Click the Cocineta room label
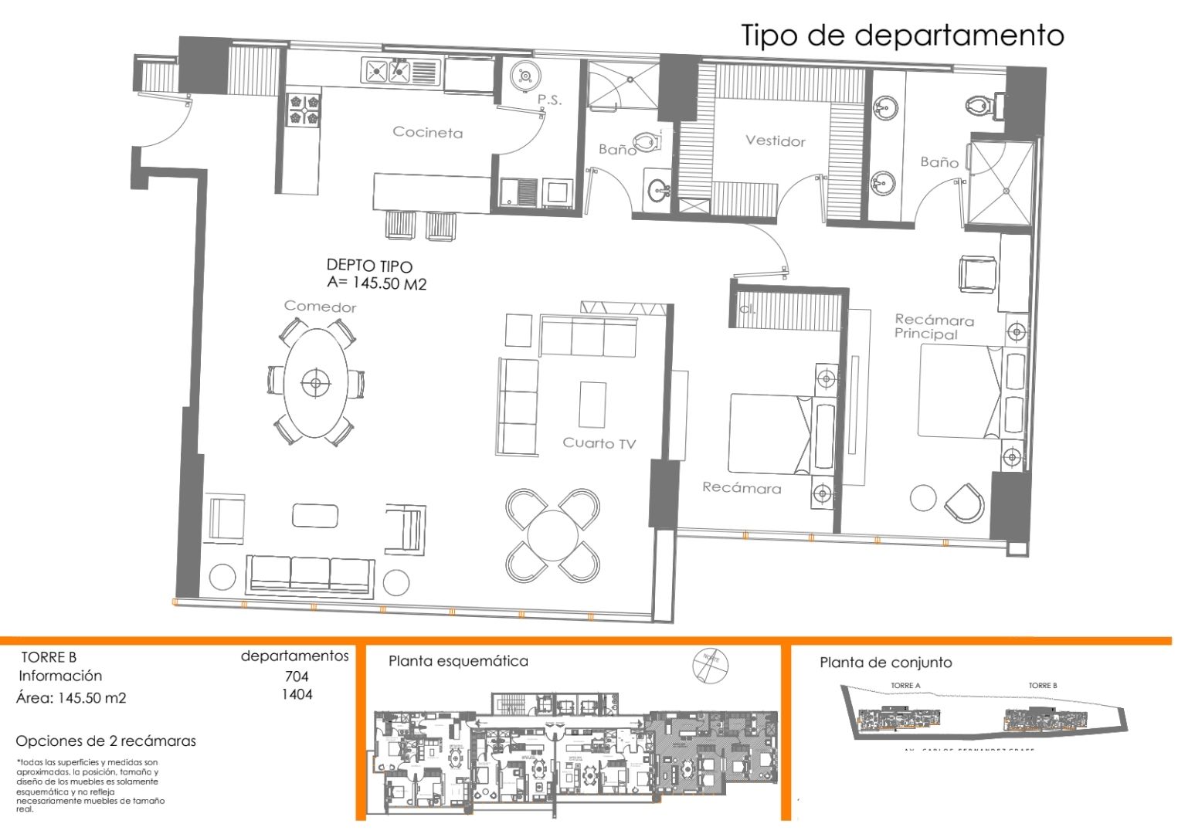click(427, 132)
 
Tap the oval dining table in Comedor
click(315, 382)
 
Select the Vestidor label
click(775, 141)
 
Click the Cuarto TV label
click(599, 442)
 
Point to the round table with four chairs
click(552, 535)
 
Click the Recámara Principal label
click(933, 327)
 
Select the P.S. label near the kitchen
click(549, 100)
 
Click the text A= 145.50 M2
click(376, 283)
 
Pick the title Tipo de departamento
click(902, 36)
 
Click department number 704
click(297, 676)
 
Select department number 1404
click(297, 694)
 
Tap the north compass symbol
click(710, 664)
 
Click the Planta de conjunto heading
click(885, 663)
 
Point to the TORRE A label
click(905, 686)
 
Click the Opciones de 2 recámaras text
click(106, 741)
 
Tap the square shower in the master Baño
click(1002, 184)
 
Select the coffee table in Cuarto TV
click(592, 405)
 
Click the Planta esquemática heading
click(458, 661)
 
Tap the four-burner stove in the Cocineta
click(304, 109)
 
